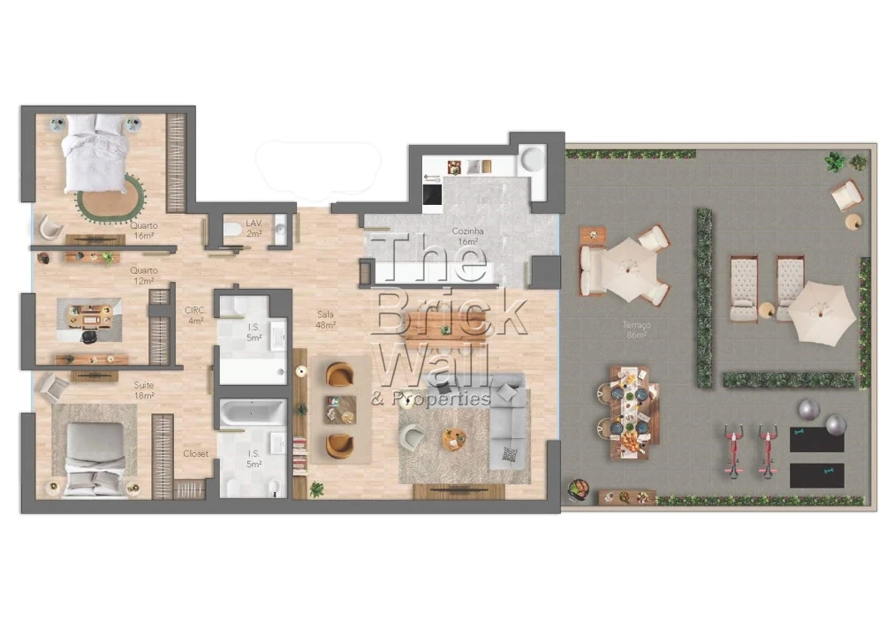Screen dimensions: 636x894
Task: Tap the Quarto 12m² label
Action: [x=144, y=275]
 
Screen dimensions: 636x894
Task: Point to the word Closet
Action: [x=195, y=453]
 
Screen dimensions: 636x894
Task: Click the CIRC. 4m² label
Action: [x=194, y=315]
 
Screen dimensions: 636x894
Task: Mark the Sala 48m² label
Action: [x=326, y=319]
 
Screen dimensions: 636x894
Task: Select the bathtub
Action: [x=253, y=413]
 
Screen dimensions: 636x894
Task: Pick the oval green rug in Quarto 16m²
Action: [x=111, y=198]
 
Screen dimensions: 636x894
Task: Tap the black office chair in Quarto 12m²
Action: [x=90, y=335]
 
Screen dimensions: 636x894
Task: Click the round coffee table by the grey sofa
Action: [x=454, y=438]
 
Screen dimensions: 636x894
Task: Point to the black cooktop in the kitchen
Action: [x=432, y=195]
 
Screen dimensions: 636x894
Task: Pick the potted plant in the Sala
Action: [x=316, y=488]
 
